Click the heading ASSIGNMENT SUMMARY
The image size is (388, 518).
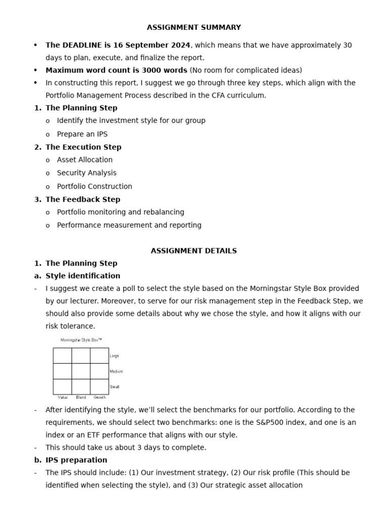(194, 27)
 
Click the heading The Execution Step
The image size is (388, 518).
(83, 147)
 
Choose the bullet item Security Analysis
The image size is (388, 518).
(86, 173)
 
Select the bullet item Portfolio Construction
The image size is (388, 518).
(94, 186)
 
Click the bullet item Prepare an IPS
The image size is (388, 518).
(82, 134)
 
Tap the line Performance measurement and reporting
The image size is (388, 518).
(129, 225)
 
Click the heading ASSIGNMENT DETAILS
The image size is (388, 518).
(194, 251)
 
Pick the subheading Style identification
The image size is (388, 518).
(83, 276)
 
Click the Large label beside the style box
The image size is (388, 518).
(114, 356)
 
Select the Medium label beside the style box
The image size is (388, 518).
(116, 371)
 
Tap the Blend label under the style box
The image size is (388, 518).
(81, 398)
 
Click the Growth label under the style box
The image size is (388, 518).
(100, 398)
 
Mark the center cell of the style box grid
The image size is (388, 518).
(81, 371)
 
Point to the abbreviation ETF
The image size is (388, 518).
(77, 435)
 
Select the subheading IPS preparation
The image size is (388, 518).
(76, 460)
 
